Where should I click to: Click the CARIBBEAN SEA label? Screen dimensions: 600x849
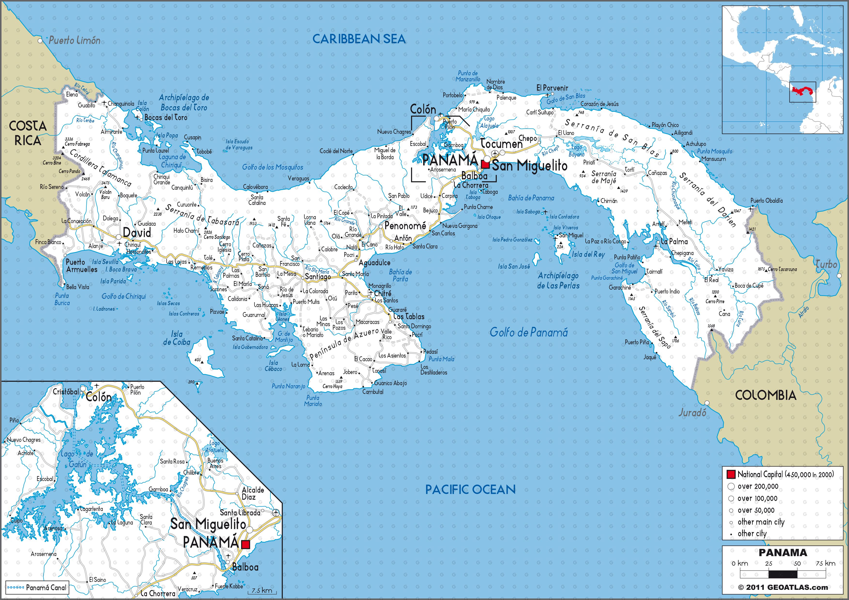click(x=359, y=39)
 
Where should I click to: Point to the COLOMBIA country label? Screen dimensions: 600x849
click(x=765, y=395)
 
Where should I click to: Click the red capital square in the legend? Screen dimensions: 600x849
click(x=731, y=474)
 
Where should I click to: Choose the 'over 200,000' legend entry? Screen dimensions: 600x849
click(x=757, y=486)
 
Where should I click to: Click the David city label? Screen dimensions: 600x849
click(x=137, y=232)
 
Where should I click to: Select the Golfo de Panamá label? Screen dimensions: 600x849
click(x=528, y=332)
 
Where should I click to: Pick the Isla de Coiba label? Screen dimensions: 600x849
click(x=176, y=338)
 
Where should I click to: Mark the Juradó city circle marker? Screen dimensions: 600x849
click(x=707, y=403)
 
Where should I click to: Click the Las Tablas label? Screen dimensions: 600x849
click(x=409, y=316)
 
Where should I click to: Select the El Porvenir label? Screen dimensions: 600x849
click(x=552, y=88)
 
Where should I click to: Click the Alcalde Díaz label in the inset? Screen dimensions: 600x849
click(x=253, y=493)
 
